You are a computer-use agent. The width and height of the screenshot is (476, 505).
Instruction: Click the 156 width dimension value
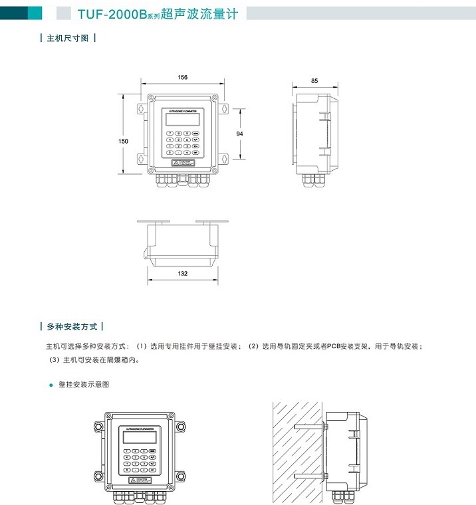[183, 78]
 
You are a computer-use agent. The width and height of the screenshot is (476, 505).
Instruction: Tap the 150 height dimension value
[123, 141]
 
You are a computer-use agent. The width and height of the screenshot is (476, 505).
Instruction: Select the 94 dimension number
[240, 134]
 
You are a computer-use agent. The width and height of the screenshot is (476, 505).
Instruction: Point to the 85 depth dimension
[314, 80]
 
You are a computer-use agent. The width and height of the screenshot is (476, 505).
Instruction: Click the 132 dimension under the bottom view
[183, 273]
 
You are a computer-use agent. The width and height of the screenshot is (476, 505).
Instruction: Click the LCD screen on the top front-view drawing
[182, 120]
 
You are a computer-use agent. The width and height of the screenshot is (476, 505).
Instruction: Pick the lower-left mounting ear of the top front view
[142, 157]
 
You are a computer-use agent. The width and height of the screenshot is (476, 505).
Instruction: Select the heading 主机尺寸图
[68, 39]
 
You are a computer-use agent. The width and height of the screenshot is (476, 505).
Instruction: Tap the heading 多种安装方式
[72, 327]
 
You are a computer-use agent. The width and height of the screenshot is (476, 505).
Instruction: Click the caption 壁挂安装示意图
[83, 385]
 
